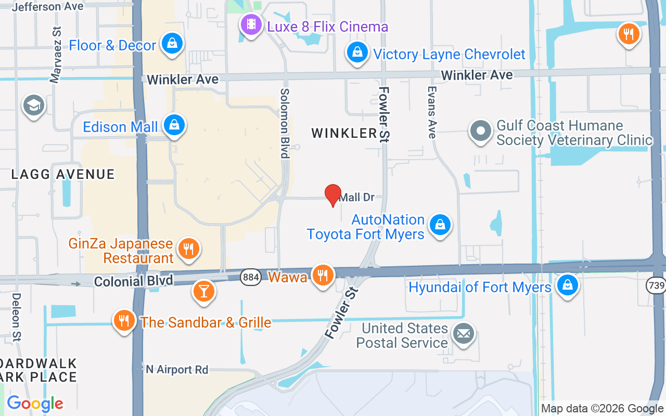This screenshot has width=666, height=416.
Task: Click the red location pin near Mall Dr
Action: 333,195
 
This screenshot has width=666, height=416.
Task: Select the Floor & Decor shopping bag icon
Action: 171,44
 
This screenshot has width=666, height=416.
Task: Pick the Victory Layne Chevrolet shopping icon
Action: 357,53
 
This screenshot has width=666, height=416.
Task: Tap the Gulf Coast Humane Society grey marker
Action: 480,132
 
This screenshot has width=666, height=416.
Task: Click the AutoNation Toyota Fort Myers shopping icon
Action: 440,225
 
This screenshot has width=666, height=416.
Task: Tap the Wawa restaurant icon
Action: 323,275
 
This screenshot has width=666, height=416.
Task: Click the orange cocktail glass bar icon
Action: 203,291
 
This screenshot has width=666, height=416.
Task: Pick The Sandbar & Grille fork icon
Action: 124,321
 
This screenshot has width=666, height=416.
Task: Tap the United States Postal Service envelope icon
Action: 463,333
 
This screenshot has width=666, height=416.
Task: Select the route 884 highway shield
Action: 251,277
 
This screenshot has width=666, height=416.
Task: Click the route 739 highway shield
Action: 656,285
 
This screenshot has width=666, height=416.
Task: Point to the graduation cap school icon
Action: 34,106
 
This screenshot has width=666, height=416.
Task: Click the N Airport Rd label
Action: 177,370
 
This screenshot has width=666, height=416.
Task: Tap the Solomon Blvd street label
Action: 285,123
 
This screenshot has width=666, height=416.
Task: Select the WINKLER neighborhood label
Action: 344,133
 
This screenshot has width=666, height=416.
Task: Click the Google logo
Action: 35,404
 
